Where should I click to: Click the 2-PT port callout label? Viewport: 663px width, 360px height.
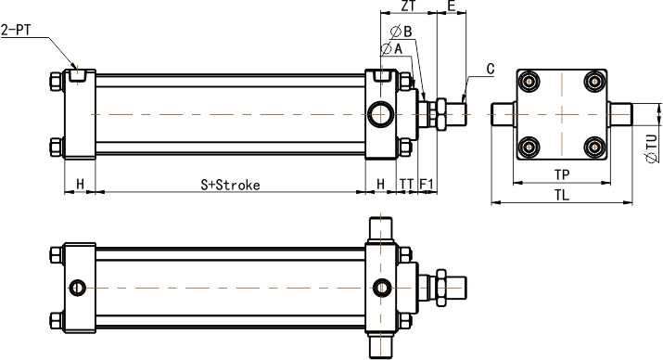(x=16, y=30)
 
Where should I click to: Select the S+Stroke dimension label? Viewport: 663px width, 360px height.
(x=230, y=185)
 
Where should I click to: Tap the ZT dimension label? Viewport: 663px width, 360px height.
(x=408, y=6)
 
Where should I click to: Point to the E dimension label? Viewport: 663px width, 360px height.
(x=452, y=6)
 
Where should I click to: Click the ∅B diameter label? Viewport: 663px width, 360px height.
(x=402, y=32)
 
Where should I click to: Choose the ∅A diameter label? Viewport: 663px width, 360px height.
(x=391, y=49)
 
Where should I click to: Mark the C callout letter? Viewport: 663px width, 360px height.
(x=491, y=69)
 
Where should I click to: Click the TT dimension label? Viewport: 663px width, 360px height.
(x=407, y=184)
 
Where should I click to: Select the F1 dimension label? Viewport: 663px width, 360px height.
(x=427, y=184)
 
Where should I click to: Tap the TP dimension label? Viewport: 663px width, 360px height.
(x=562, y=174)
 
